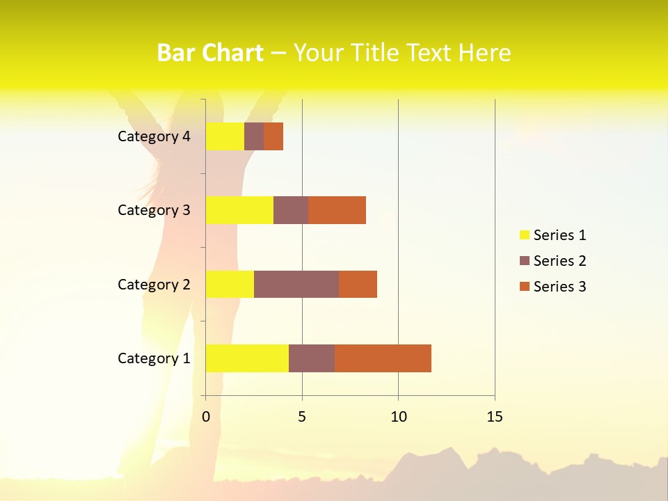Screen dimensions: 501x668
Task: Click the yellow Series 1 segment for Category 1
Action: click(x=247, y=358)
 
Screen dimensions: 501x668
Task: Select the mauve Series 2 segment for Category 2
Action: click(x=296, y=284)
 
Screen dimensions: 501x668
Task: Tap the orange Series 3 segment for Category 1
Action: click(x=383, y=358)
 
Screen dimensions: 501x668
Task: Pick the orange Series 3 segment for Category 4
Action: click(x=273, y=136)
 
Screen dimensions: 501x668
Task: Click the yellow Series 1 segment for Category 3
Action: click(x=239, y=210)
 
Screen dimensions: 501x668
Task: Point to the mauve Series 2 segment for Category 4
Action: click(x=254, y=136)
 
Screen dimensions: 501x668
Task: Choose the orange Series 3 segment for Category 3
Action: click(x=337, y=210)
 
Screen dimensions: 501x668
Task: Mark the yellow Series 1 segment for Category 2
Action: click(x=230, y=284)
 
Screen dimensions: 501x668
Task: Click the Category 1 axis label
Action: click(x=154, y=358)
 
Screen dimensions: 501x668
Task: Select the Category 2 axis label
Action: click(x=154, y=285)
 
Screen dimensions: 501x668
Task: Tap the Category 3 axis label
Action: click(x=154, y=210)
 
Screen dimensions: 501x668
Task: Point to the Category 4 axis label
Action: click(x=154, y=136)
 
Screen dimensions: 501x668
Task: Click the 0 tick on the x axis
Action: click(x=206, y=417)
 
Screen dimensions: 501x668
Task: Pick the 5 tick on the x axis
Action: click(x=302, y=417)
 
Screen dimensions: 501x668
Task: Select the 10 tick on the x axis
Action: click(x=398, y=417)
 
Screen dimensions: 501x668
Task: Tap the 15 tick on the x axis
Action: click(x=495, y=417)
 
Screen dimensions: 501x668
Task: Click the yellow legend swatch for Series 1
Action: click(x=524, y=235)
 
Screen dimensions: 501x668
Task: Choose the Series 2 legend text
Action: click(x=559, y=261)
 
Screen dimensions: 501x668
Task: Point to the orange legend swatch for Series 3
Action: click(x=524, y=287)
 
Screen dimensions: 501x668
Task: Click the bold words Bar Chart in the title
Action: click(x=209, y=53)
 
